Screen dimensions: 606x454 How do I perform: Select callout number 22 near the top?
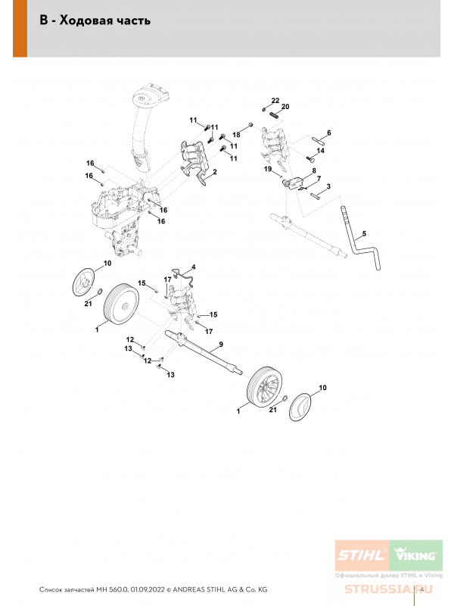point(275,101)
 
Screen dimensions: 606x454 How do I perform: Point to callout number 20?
point(285,108)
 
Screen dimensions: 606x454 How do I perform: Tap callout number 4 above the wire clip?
point(193,267)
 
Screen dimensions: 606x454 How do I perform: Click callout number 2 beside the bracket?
point(214,173)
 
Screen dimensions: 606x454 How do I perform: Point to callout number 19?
point(267,170)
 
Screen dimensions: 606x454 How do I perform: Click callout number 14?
point(320,151)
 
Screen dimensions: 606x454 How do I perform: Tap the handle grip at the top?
point(152,96)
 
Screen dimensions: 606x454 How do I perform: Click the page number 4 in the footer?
point(420,588)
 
